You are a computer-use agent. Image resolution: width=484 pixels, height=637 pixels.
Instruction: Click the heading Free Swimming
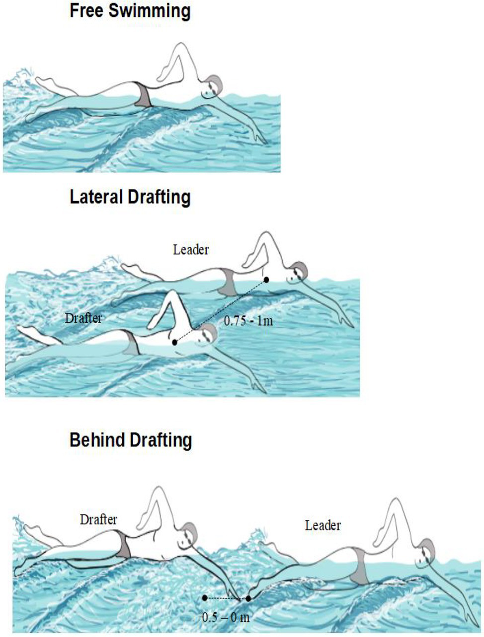130,11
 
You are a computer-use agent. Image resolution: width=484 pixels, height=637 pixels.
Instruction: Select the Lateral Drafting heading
130,197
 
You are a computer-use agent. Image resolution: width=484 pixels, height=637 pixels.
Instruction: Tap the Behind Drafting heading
131,440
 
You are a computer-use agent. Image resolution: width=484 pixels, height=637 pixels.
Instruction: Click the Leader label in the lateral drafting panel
191,250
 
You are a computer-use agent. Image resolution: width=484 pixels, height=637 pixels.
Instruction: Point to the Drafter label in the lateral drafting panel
83,318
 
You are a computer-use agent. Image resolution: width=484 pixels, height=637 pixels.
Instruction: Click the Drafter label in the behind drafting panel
98,519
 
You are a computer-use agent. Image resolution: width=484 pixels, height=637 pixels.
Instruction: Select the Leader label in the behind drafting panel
323,525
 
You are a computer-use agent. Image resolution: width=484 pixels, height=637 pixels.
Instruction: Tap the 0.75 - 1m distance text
248,321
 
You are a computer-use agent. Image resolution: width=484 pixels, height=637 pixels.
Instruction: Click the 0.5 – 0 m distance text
226,617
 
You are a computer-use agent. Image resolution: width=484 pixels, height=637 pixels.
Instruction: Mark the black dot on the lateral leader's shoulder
266,280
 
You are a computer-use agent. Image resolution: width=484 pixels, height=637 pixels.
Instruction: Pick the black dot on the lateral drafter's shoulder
174,343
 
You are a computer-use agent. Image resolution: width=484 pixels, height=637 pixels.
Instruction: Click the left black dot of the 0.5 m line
205,598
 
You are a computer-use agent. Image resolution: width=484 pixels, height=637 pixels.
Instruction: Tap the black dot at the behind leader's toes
248,598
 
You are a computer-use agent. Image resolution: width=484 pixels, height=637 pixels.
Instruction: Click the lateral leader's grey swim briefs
228,282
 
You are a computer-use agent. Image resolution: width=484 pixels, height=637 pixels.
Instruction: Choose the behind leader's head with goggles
425,554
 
